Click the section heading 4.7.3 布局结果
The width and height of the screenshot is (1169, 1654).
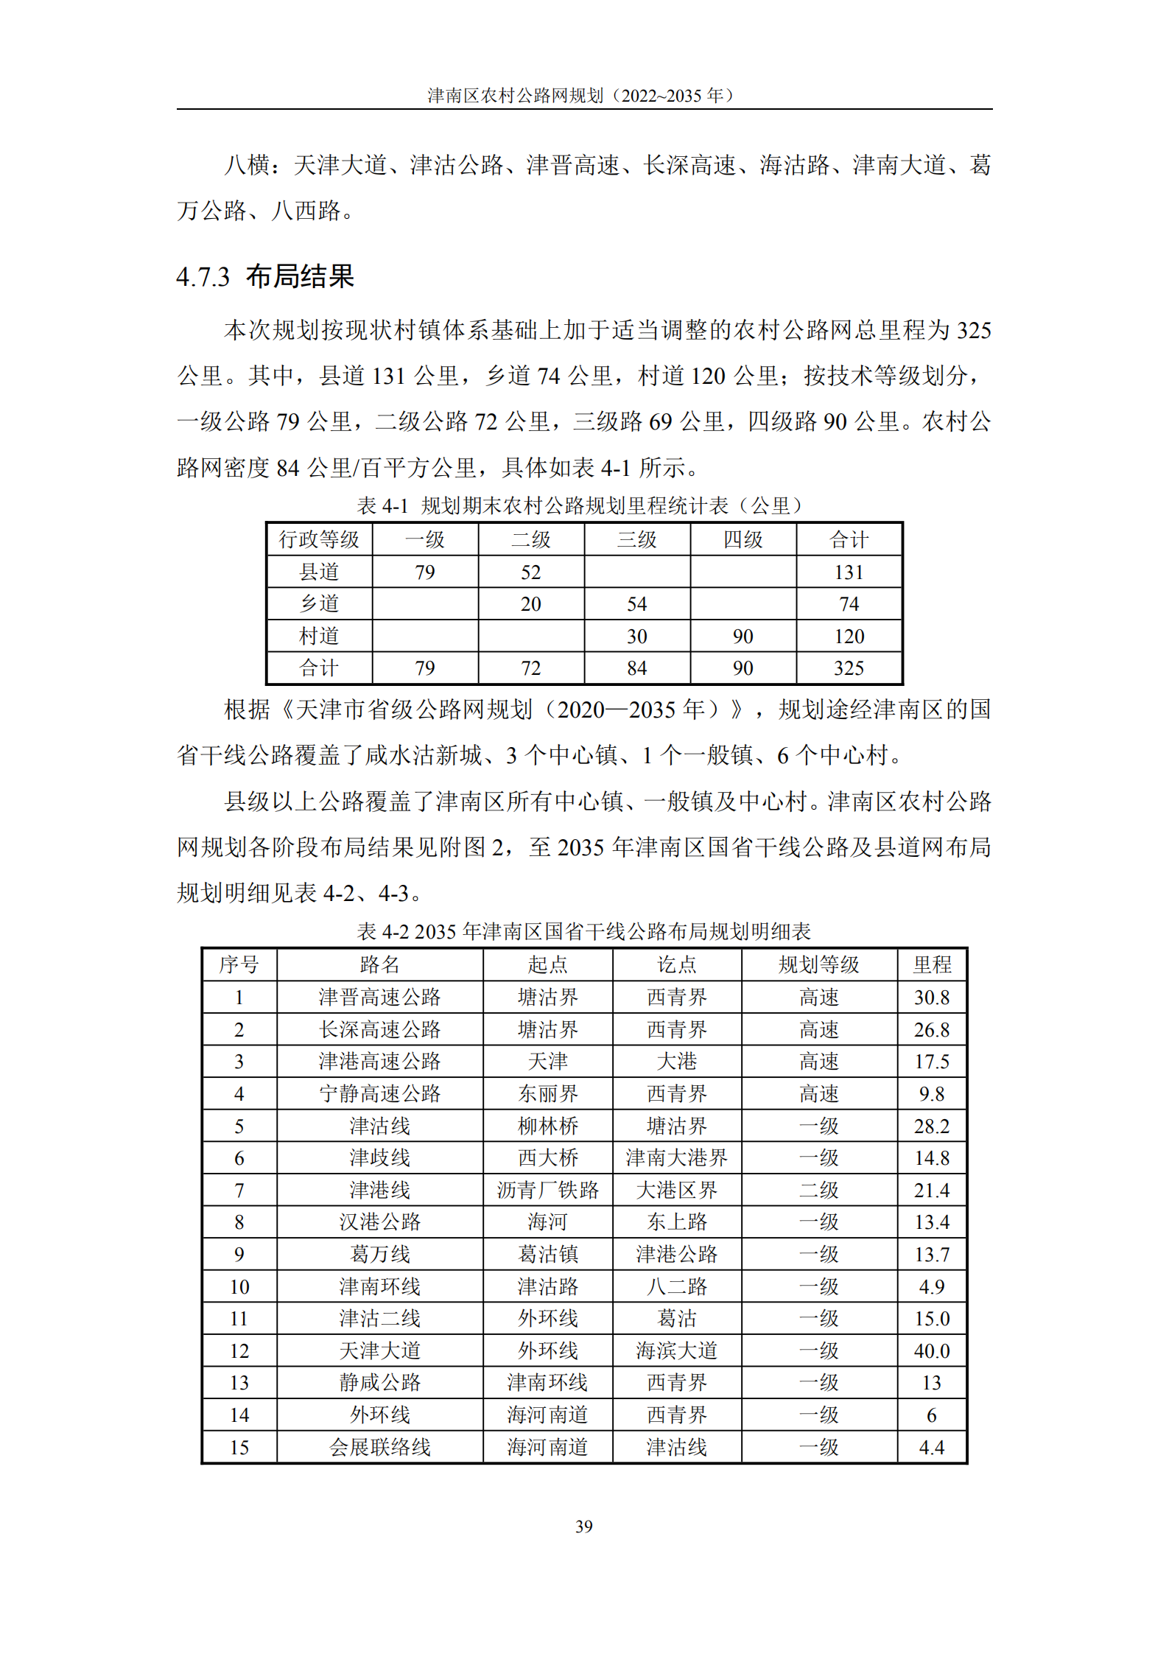tap(265, 276)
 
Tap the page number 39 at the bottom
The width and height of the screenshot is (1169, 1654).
tap(583, 1526)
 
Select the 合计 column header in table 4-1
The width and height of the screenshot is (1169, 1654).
tap(849, 539)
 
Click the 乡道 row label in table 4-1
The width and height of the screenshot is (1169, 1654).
tap(319, 603)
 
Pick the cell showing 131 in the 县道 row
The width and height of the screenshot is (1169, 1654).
tap(849, 572)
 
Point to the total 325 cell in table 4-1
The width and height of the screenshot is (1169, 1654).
tap(849, 667)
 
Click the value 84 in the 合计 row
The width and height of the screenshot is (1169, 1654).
tap(636, 667)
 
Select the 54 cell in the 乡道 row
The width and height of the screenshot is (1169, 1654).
tap(636, 603)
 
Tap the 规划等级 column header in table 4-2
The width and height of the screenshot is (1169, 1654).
tap(818, 964)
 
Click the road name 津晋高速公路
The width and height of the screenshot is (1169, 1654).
tap(379, 997)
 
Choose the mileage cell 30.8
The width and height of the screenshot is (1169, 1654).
tap(931, 997)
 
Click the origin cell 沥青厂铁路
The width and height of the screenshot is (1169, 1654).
tap(547, 1190)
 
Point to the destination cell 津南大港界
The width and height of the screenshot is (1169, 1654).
tap(676, 1157)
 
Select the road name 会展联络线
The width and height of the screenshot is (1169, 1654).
tap(379, 1447)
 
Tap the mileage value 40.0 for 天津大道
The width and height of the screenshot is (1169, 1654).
tap(931, 1350)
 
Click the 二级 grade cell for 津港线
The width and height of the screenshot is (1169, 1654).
tap(818, 1190)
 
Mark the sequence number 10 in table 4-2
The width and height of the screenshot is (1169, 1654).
tap(239, 1286)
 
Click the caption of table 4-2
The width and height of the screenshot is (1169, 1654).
tap(583, 931)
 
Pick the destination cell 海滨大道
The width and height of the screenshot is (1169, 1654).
tap(676, 1350)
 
